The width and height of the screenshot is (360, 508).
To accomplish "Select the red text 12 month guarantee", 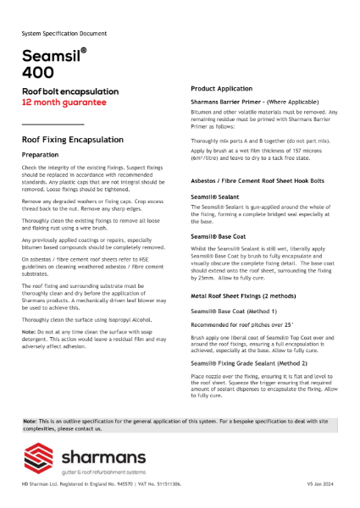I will tap(64, 102).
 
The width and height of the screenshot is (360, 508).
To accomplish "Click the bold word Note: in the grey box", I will tap(30, 421).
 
